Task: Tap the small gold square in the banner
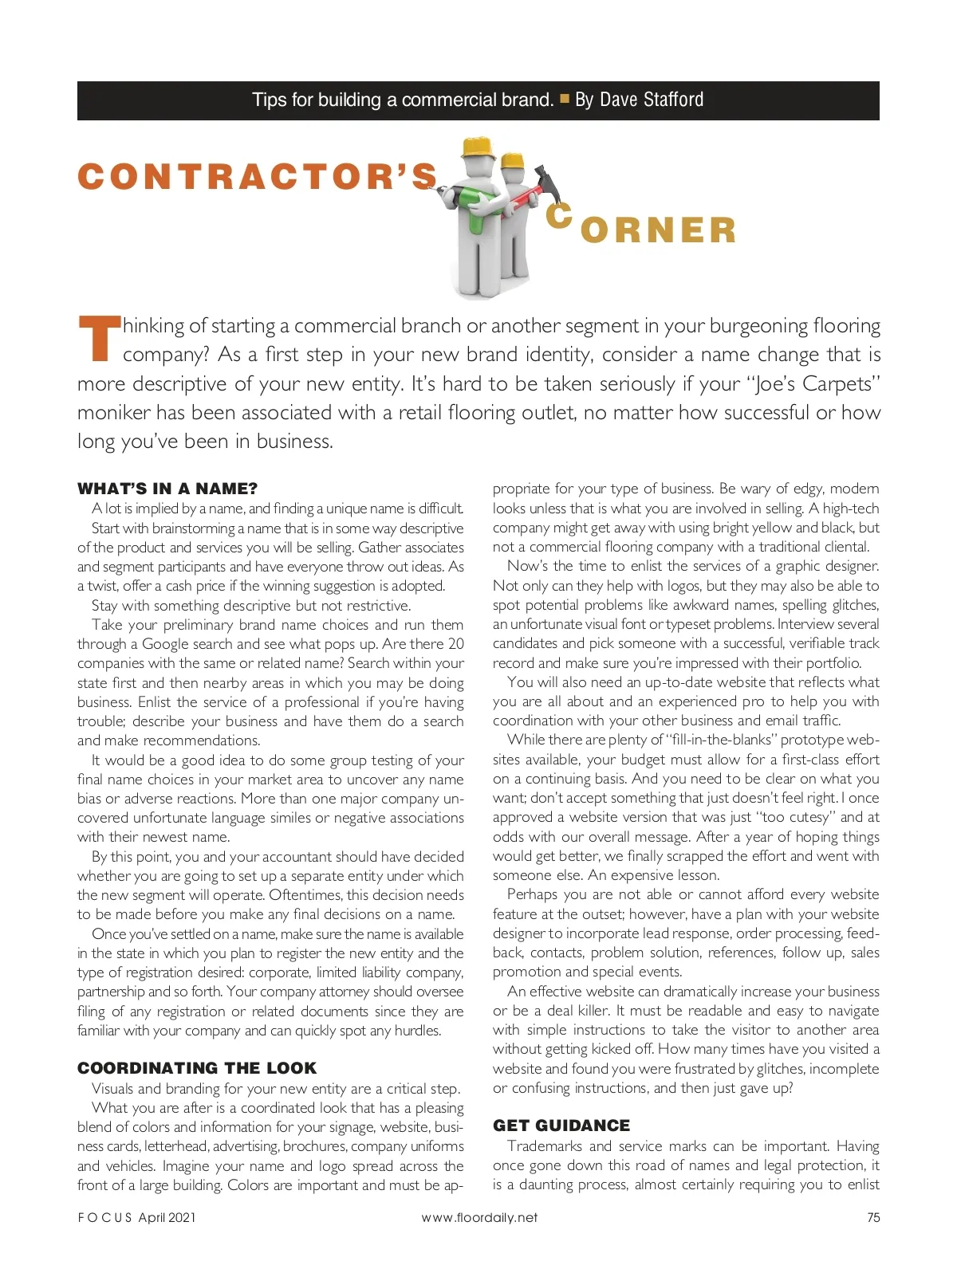click(565, 99)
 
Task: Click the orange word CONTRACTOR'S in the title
click(258, 177)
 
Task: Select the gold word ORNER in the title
click(658, 230)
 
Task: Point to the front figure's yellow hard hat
click(477, 146)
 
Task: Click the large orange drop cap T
click(99, 339)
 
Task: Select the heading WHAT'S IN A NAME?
click(167, 489)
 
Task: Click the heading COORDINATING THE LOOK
click(197, 1068)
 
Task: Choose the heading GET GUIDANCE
click(561, 1125)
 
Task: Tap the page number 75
click(873, 1217)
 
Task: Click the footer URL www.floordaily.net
click(479, 1217)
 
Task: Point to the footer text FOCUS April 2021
click(136, 1217)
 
